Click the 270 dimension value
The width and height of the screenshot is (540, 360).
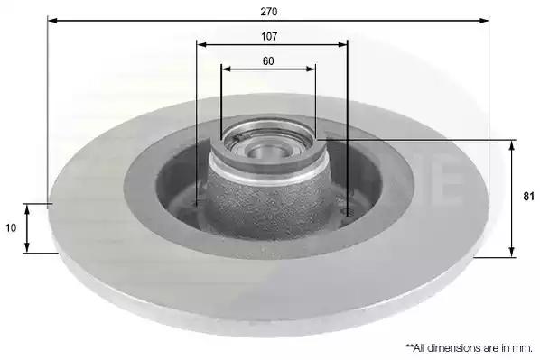[268, 12]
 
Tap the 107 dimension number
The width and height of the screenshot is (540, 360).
[269, 36]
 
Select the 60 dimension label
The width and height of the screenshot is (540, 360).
[268, 61]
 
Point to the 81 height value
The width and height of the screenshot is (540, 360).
[528, 197]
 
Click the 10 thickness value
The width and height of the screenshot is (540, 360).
[11, 228]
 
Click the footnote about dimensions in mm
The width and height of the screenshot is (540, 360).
[470, 348]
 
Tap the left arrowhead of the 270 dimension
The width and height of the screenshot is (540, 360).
[52, 21]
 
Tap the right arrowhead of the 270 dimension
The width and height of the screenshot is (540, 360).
[484, 21]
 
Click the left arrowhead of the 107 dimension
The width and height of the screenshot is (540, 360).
[201, 45]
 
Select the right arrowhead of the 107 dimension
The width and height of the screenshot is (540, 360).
[342, 45]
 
